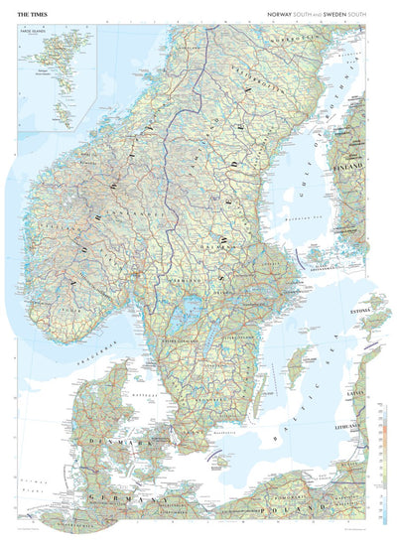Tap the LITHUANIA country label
click(x=354, y=422)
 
